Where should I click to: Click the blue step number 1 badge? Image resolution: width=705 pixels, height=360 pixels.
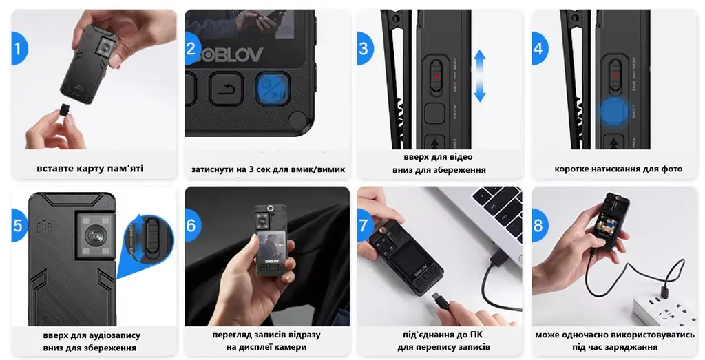tap(19, 48)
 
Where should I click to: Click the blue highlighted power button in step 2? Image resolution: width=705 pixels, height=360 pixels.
tap(273, 89)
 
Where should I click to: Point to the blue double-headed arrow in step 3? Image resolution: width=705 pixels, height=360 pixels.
tap(480, 76)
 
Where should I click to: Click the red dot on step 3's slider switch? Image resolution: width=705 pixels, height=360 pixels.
tap(436, 76)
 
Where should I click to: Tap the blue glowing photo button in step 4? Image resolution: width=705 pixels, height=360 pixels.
tap(613, 112)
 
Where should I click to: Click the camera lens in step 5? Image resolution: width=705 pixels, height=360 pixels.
tap(94, 235)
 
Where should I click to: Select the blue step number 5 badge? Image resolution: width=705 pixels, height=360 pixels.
tap(19, 224)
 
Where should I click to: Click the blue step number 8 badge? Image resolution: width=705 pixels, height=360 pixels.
tap(538, 224)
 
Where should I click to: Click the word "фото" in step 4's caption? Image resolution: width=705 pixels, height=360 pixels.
tap(672, 169)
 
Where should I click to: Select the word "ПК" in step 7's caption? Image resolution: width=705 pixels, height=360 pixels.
tap(476, 335)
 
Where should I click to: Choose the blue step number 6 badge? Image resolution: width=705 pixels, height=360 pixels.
tap(191, 224)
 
